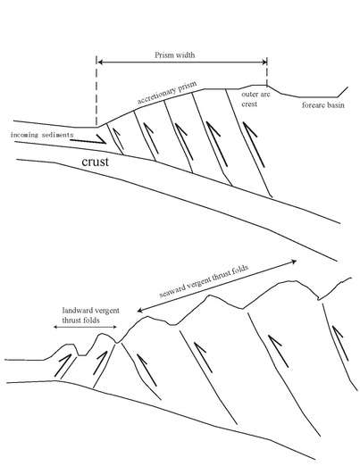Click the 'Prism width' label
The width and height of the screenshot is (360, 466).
coord(175,55)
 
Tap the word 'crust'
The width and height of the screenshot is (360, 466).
coord(95,162)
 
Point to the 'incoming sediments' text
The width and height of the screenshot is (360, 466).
coord(42,135)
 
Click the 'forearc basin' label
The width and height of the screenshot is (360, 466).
coord(323,105)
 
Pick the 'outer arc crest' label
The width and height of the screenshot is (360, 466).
coord(255,99)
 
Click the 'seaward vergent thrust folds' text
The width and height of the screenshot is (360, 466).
coord(204,281)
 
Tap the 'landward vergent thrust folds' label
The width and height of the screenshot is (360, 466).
coord(90,315)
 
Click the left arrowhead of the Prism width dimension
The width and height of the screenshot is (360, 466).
coord(101,62)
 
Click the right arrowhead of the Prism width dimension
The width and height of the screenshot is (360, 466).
coord(264,62)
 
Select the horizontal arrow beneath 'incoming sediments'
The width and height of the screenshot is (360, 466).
coord(88,140)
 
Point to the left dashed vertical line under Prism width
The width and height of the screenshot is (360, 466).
coord(96,90)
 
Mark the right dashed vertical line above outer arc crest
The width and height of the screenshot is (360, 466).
coord(267,71)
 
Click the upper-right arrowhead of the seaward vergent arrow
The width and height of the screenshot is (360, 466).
coord(294,262)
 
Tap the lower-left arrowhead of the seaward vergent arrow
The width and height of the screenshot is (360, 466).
coord(140,311)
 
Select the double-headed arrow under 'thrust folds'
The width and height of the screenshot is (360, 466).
coord(85,327)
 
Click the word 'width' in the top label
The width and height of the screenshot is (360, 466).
coord(186,55)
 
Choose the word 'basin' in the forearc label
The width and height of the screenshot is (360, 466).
coord(336,105)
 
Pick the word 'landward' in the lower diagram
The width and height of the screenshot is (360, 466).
coord(76,311)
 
